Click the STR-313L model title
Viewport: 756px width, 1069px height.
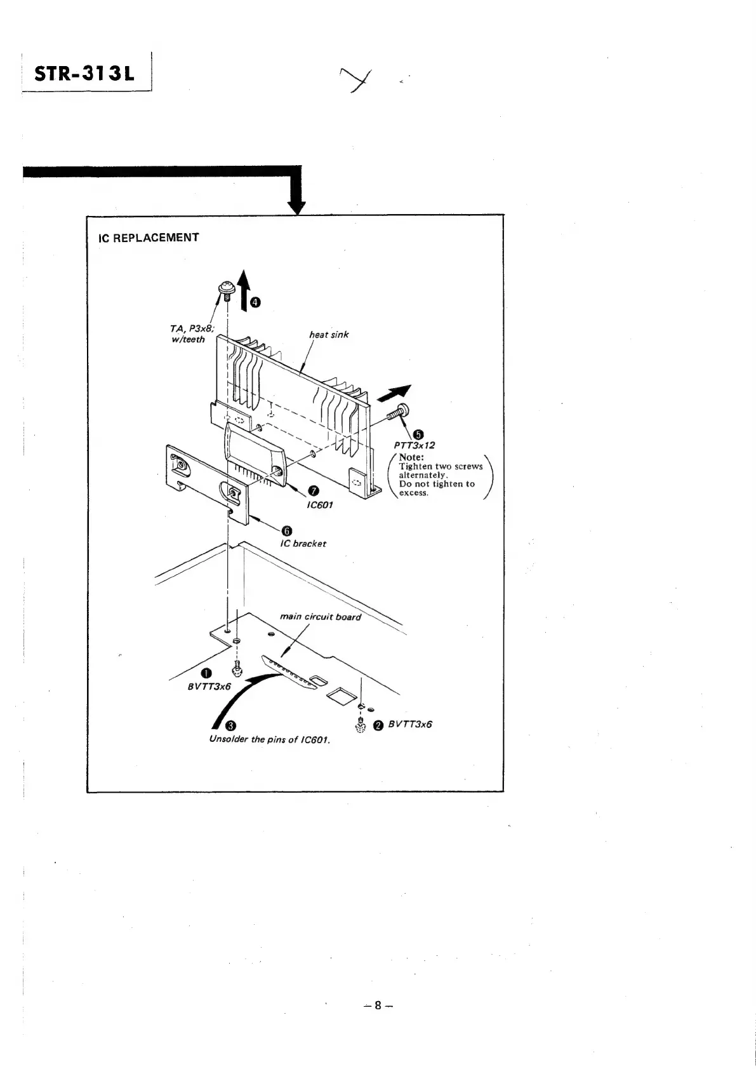[x=85, y=74]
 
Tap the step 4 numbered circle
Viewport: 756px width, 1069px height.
[x=255, y=302]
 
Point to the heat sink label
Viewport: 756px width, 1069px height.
[x=329, y=334]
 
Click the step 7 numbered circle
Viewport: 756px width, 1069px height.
[x=313, y=490]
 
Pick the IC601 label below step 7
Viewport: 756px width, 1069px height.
[x=320, y=505]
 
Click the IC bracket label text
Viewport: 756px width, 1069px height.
[x=303, y=544]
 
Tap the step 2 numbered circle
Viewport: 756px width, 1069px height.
[x=378, y=726]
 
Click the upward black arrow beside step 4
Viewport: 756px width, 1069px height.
[x=244, y=286]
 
